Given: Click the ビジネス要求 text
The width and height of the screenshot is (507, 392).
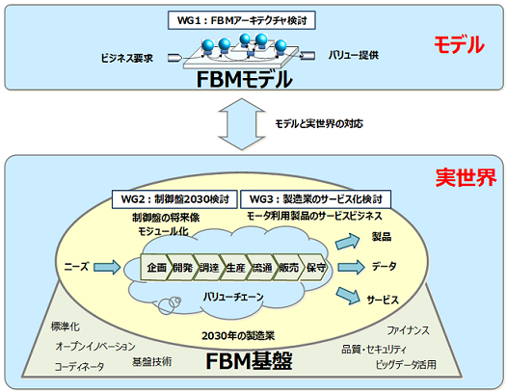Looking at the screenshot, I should click(128, 58).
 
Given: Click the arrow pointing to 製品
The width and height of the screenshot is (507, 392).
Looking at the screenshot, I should click(354, 241).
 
